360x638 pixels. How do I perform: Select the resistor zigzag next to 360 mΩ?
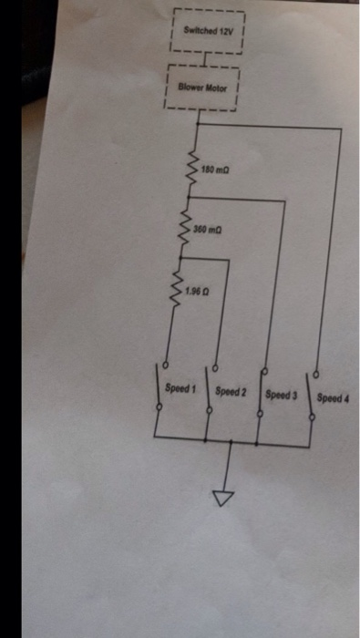pos(186,228)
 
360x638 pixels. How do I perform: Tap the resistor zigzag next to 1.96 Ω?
pos(177,289)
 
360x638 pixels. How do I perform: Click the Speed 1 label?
pos(180,388)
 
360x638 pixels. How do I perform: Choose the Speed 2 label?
pos(231,392)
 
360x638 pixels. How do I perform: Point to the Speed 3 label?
pos(281,395)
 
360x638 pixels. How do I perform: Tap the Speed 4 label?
pos(333,398)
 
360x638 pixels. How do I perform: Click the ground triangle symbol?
pos(223,499)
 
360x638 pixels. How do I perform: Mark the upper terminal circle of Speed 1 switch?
pos(166,365)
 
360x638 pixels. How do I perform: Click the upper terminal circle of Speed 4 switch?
pos(316,374)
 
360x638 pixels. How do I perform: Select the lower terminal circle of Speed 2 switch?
pos(210,410)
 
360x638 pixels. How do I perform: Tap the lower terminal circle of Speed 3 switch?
pos(261,414)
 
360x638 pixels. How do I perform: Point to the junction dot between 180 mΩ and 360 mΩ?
pos(189,197)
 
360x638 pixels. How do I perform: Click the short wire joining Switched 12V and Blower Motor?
pos(206,59)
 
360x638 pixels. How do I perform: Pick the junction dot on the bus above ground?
pos(231,441)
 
